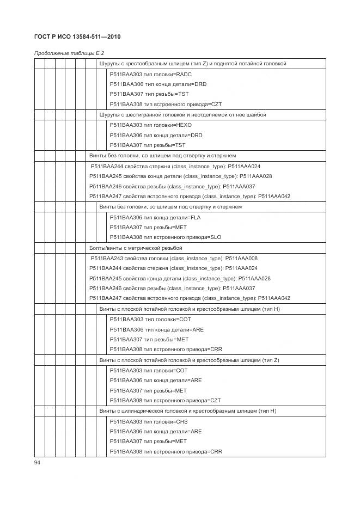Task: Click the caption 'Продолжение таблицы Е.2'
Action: click(x=69, y=53)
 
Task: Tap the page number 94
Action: click(x=38, y=462)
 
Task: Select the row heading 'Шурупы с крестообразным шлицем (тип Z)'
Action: click(x=192, y=64)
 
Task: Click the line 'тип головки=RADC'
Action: click(x=150, y=74)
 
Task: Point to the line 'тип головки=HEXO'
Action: click(x=150, y=125)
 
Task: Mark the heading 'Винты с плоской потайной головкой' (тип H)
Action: click(x=189, y=309)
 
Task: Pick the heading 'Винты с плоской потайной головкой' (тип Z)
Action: click(x=188, y=360)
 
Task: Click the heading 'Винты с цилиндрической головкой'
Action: click(x=188, y=411)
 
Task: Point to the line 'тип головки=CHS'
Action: click(x=149, y=421)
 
